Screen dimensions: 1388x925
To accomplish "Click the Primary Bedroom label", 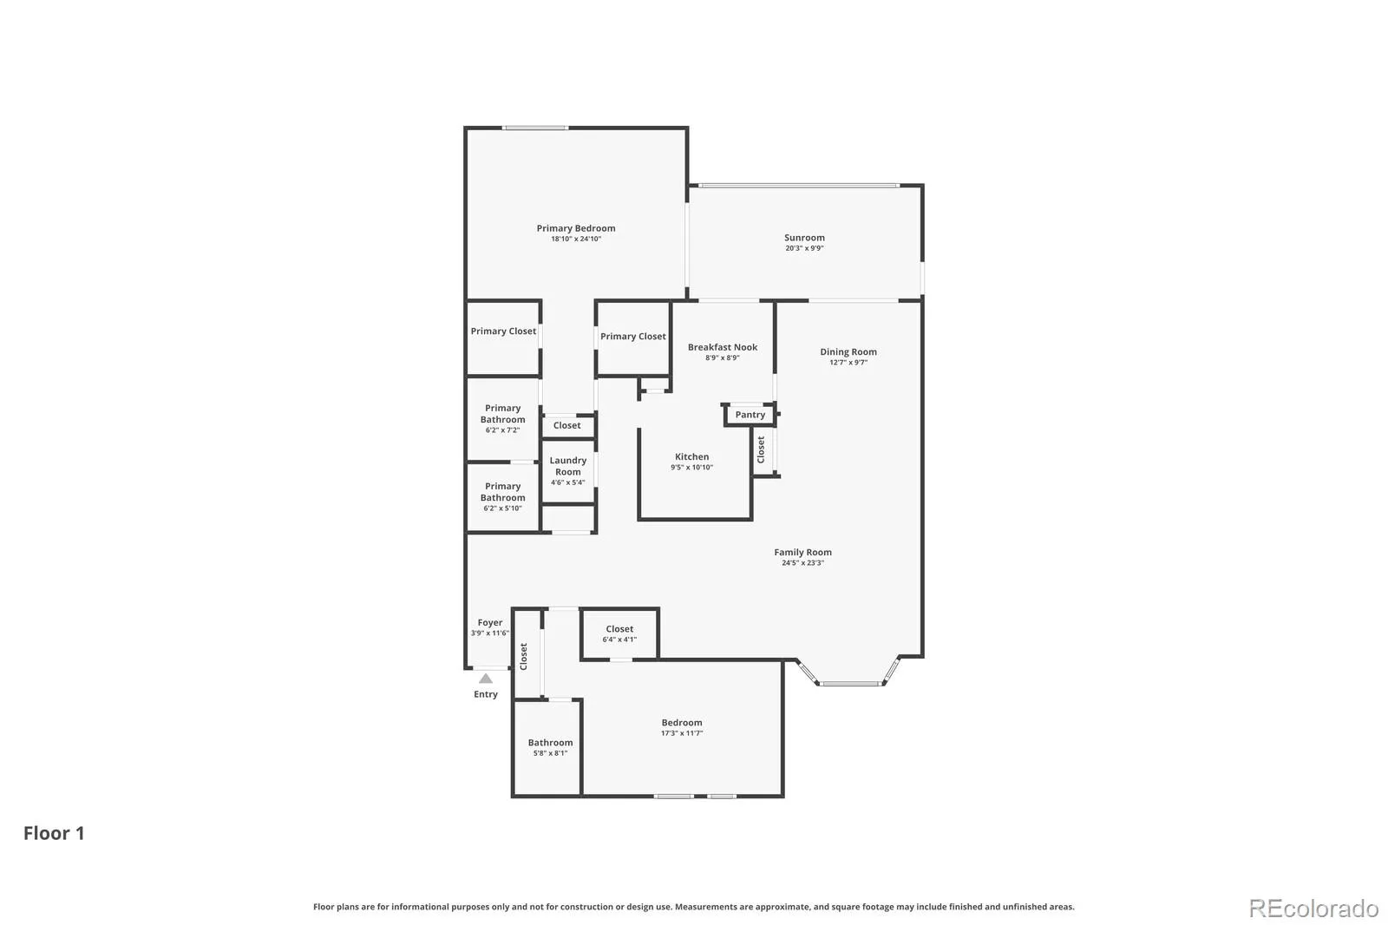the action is coord(576,228).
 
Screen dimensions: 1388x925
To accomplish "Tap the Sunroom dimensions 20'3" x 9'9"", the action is coord(804,248).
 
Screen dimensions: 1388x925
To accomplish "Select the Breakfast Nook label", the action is coord(723,347).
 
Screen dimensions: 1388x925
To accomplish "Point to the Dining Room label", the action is coord(848,351).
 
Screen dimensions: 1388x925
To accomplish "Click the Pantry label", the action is coord(750,415).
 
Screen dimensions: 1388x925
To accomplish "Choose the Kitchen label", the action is coord(691,456).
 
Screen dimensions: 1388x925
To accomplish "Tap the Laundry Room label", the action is coord(567,466).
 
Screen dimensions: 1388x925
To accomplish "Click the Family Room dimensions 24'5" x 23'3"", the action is coord(802,563).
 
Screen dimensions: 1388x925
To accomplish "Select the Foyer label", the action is coord(489,622).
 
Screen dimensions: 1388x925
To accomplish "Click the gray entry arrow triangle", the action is coord(486,679).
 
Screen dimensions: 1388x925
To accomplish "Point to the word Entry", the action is coord(486,694).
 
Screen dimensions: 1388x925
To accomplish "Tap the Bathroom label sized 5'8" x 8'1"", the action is coord(550,742).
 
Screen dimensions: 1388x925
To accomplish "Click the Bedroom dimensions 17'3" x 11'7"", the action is coord(682,733).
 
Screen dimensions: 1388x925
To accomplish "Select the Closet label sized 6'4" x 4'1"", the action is coord(619,628).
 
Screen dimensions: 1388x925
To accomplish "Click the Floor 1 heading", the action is coord(54,833).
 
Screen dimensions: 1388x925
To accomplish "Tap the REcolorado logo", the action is coord(1313,909).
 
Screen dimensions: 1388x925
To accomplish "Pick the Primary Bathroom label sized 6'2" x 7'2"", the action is coord(502,414).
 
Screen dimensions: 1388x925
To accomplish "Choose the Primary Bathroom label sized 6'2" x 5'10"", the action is coord(502,492).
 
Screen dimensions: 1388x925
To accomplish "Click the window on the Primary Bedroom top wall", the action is coord(535,128).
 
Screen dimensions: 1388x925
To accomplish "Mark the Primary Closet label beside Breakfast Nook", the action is coord(632,336).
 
